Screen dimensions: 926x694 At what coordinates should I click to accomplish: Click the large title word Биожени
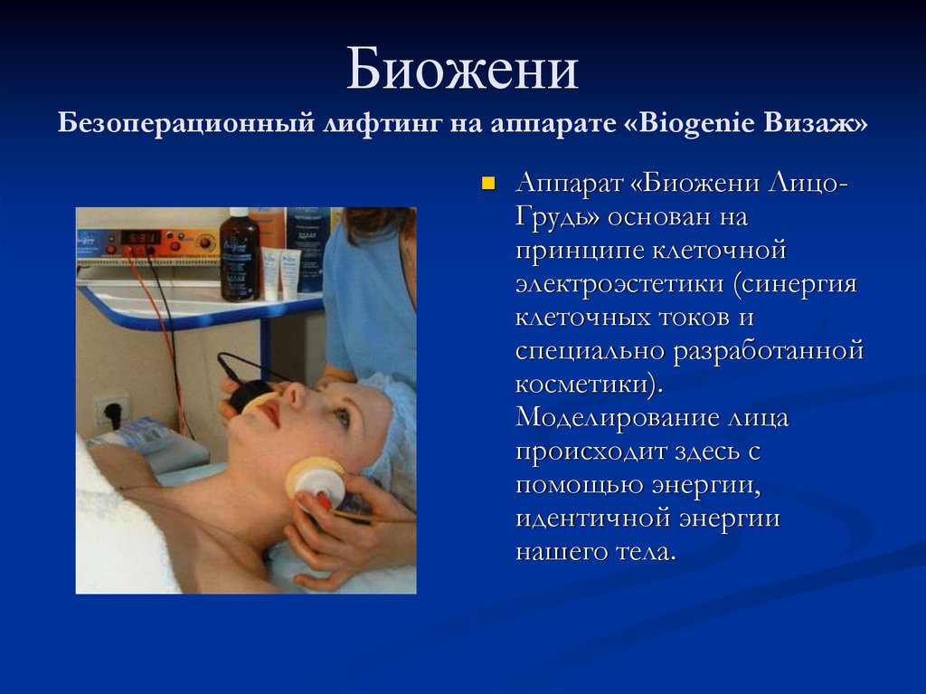pos(462,70)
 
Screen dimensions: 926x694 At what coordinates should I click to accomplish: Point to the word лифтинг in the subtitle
pos(383,124)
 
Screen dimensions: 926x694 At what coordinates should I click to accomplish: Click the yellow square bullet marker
pos(488,184)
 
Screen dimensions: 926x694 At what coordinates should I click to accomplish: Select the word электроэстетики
pos(619,283)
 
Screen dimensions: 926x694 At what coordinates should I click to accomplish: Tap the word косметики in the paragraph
pos(582,385)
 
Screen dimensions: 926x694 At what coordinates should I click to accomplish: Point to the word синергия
pos(799,285)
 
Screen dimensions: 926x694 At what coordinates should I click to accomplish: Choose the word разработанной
pos(769,352)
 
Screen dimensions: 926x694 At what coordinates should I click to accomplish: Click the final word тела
pos(643,552)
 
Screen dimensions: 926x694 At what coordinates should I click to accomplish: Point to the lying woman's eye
pos(341,417)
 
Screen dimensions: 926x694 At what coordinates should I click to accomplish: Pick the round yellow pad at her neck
pos(313,477)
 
